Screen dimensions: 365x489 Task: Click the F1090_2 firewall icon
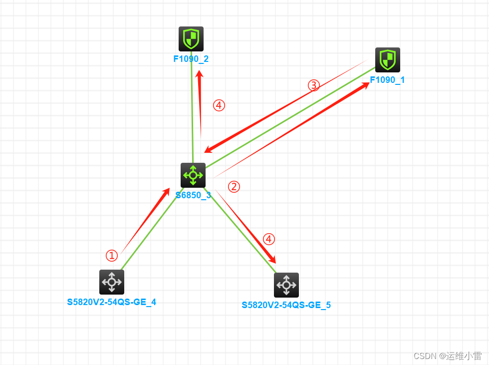coord(191,39)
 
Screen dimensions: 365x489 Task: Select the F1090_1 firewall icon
coord(388,60)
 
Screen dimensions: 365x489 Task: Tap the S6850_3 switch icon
coord(193,175)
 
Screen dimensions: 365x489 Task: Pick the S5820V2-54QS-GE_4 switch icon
coord(112,282)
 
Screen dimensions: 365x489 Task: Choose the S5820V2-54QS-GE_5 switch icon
coord(286,285)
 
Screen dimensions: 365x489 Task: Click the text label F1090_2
coord(191,59)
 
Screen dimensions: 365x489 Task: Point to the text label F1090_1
coord(387,80)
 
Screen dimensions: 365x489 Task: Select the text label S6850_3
coord(193,195)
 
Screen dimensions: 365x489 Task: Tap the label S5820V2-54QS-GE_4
coord(112,302)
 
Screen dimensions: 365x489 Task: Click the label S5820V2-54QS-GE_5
coord(286,305)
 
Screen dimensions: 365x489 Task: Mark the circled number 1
coord(112,256)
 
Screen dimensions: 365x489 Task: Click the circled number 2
coord(234,187)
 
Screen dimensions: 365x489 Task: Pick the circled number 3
coord(313,85)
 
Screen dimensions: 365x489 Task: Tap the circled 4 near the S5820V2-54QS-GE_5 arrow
coord(269,239)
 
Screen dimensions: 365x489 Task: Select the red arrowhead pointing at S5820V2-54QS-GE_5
coord(272,260)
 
